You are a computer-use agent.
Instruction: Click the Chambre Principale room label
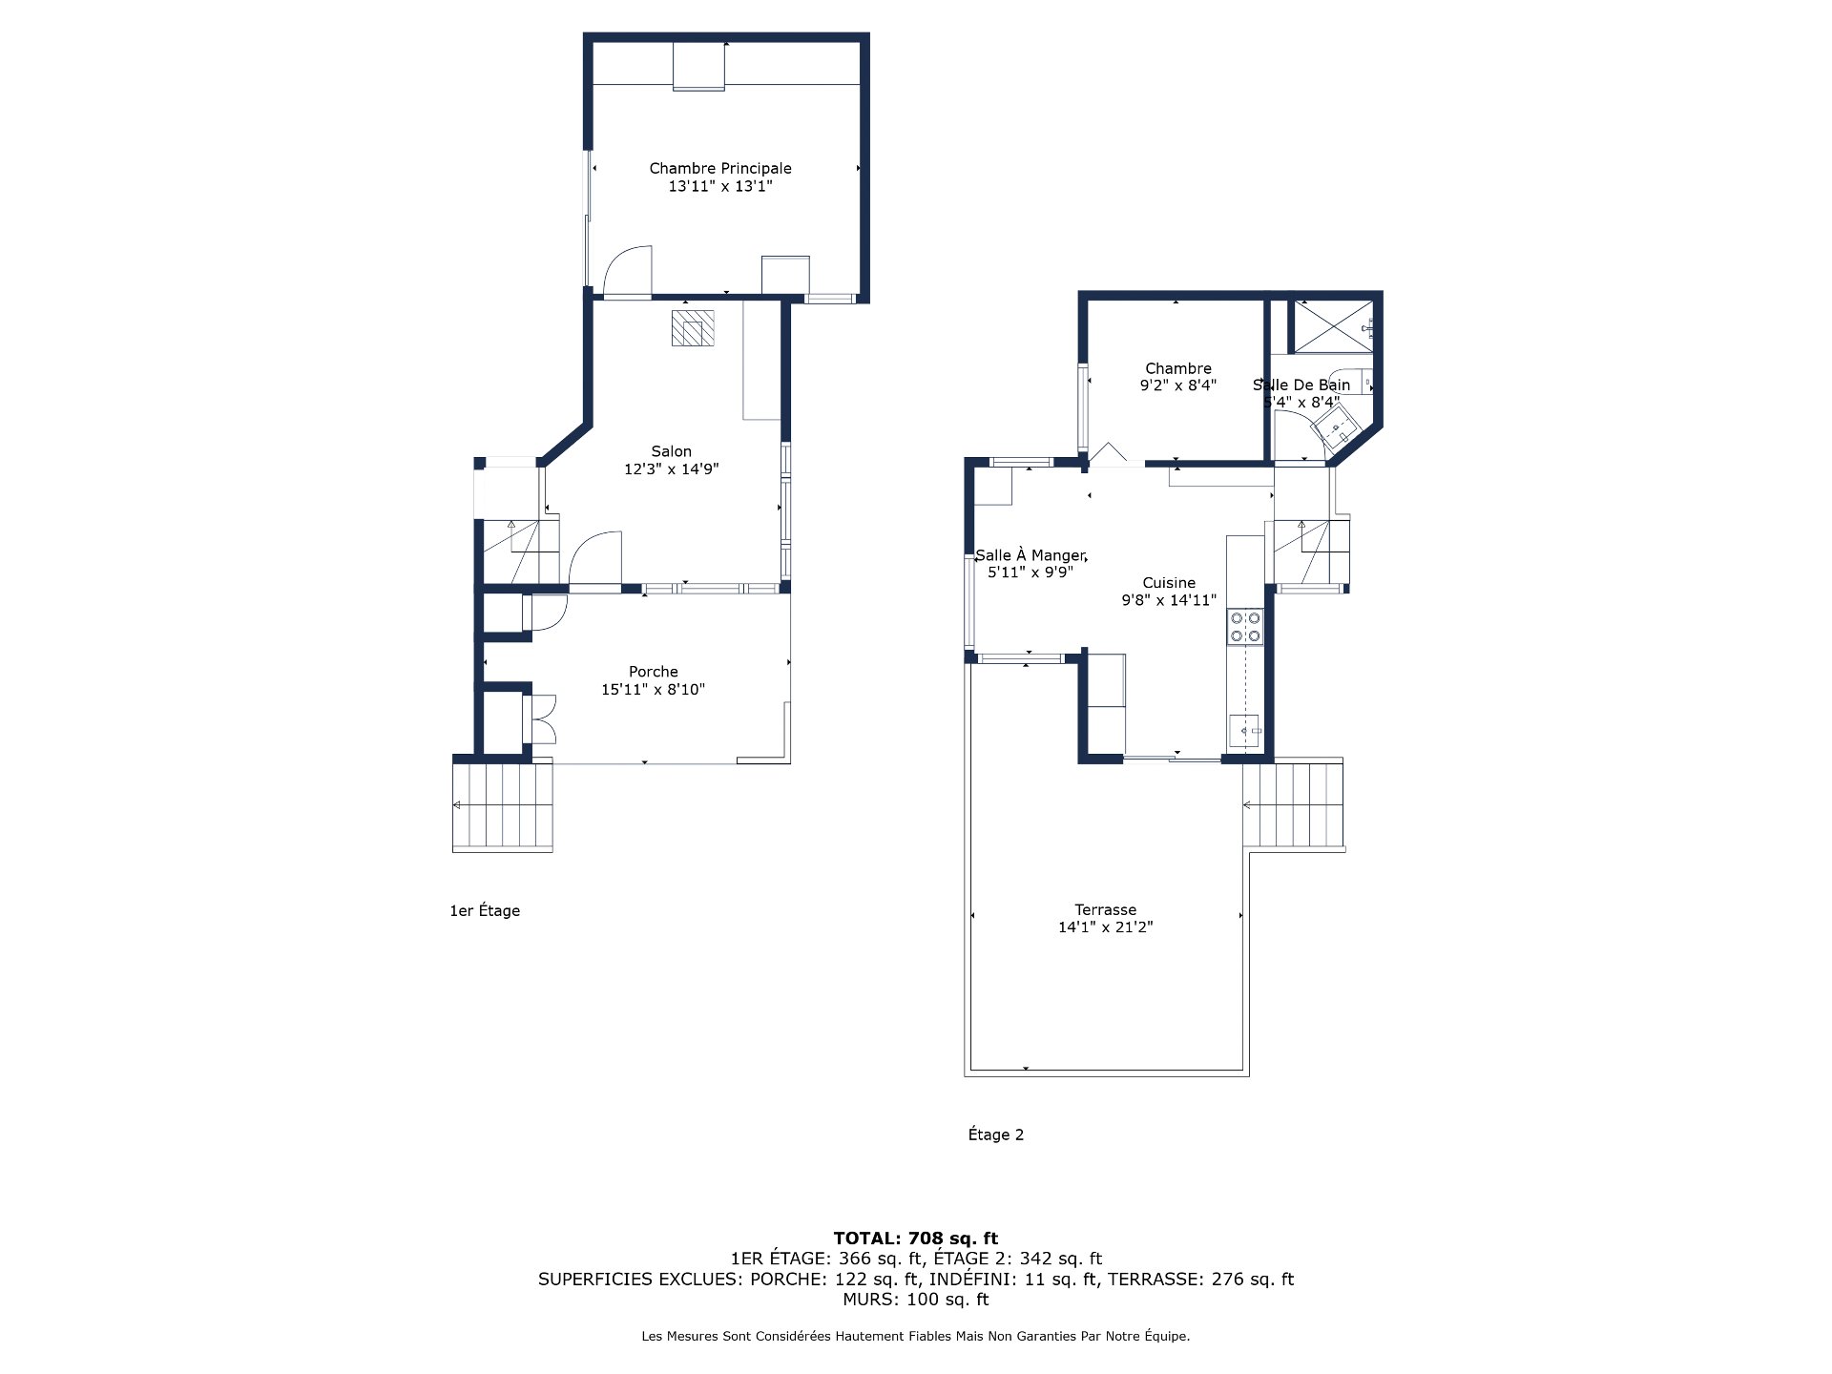(x=720, y=168)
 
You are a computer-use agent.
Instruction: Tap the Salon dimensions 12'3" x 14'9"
(x=671, y=469)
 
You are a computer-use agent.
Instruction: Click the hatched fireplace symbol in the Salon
(x=692, y=327)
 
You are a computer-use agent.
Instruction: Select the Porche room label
(x=653, y=672)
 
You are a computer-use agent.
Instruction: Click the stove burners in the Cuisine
(x=1244, y=627)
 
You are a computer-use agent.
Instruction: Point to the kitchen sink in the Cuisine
(x=1244, y=731)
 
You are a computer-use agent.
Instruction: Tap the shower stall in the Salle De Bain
(x=1331, y=327)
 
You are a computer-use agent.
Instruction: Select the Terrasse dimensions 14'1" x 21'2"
(x=1105, y=927)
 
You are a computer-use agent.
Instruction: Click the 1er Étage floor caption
(x=485, y=911)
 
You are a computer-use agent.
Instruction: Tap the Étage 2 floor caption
(x=995, y=1135)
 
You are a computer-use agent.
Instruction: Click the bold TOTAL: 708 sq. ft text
(x=915, y=1239)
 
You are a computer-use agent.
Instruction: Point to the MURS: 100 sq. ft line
(x=915, y=1300)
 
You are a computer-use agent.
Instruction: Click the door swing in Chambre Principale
(x=628, y=271)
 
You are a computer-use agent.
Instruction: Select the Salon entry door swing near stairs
(x=596, y=559)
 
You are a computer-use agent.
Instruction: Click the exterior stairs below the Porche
(x=503, y=806)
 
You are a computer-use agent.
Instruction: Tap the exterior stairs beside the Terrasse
(x=1294, y=804)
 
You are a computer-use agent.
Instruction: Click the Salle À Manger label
(x=1030, y=555)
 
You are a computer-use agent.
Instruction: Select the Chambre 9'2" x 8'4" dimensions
(x=1177, y=386)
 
